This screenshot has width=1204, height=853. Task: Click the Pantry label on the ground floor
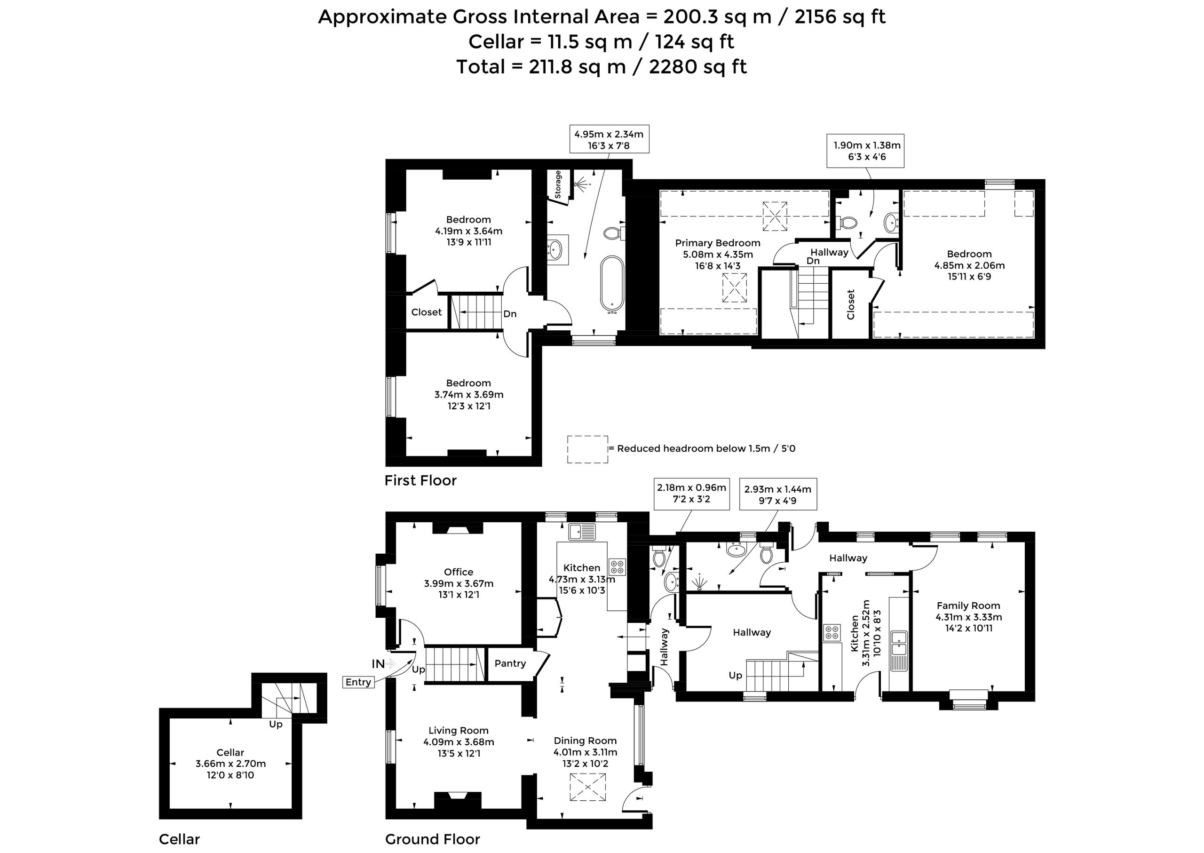(510, 663)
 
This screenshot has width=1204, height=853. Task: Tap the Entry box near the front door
(359, 682)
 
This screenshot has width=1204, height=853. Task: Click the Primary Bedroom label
(717, 243)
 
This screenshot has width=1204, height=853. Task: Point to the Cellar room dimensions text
(230, 769)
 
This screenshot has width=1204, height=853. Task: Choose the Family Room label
(968, 606)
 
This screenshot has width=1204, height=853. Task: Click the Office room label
(459, 572)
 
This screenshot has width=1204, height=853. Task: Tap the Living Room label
(459, 731)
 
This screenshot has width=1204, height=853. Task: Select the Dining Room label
(585, 741)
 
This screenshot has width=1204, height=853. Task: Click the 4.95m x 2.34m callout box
(609, 139)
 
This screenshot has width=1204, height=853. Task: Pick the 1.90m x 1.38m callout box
(865, 151)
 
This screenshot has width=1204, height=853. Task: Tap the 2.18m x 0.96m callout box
(691, 493)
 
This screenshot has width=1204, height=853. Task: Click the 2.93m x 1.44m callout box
(777, 494)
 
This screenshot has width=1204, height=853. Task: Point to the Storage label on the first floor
(558, 184)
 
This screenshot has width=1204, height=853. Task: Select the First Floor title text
(420, 480)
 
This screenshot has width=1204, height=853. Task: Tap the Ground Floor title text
(433, 839)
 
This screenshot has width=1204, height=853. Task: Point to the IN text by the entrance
(378, 664)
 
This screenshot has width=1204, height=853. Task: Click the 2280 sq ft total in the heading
(698, 67)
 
